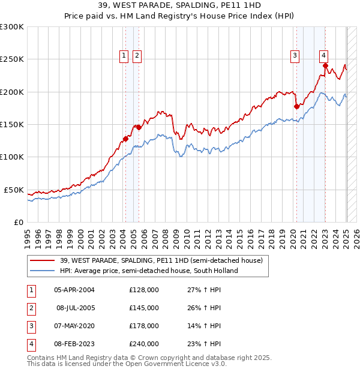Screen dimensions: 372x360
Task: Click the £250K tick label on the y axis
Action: tap(11, 59)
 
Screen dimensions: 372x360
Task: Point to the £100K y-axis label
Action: tap(11, 157)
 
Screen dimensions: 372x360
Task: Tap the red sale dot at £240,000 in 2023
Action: tap(325, 65)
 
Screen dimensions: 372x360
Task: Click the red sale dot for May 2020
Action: tap(296, 106)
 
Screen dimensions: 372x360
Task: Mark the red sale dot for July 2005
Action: tap(139, 127)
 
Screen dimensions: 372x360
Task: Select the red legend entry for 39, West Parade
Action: tap(161, 261)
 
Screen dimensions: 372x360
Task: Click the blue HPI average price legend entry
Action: tap(149, 271)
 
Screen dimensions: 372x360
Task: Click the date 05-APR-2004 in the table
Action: tap(74, 290)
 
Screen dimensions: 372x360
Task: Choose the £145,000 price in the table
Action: tap(144, 308)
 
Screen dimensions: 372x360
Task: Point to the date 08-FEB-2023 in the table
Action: tap(74, 344)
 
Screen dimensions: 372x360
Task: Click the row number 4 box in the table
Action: tap(30, 344)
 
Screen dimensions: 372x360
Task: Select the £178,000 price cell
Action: tap(144, 326)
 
